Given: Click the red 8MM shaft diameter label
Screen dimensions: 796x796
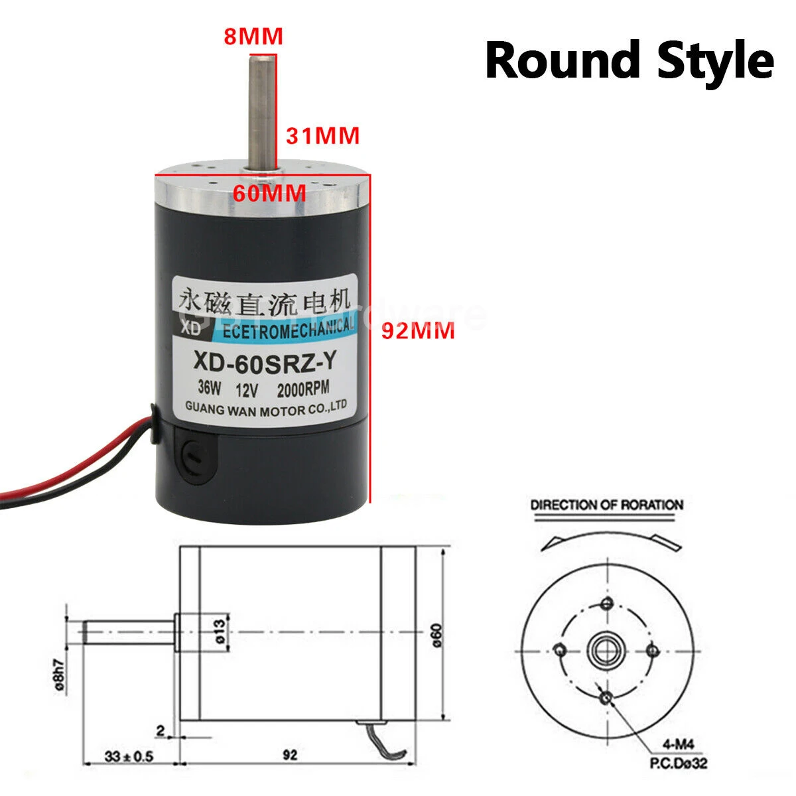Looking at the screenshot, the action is tap(253, 36).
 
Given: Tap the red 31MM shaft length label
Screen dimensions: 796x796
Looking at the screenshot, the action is tap(322, 135).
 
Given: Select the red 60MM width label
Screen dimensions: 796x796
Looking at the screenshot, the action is tap(269, 194).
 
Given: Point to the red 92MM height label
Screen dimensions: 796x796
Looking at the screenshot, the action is tap(418, 330).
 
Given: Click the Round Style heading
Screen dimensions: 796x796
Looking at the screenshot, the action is tap(629, 60).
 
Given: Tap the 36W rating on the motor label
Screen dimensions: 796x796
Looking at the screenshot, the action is tap(210, 387).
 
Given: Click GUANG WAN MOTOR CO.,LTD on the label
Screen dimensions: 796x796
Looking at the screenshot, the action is tap(263, 407).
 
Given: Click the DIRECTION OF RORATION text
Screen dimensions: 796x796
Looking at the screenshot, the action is tap(606, 505).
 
